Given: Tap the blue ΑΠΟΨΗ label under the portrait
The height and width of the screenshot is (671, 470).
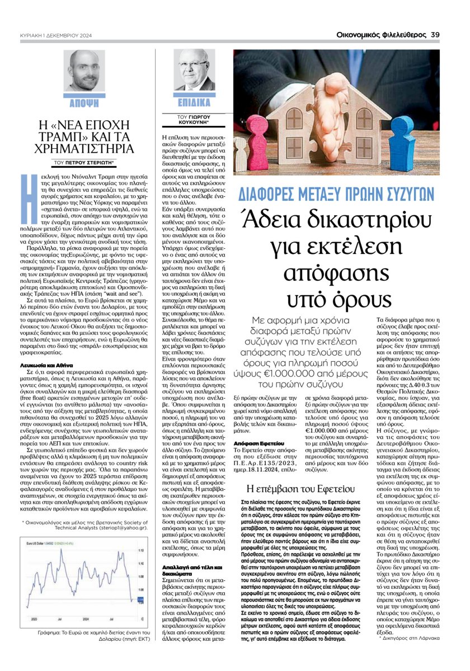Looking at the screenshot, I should tap(84, 103).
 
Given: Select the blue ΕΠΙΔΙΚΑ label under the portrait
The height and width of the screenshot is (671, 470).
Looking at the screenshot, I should tap(194, 103).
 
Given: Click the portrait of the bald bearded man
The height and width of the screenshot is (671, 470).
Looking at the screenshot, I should tap(84, 72).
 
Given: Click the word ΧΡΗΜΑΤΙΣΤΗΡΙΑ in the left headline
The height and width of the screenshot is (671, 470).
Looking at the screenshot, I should tap(84, 149).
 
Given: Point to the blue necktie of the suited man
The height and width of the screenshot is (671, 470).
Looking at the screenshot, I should tap(194, 84).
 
